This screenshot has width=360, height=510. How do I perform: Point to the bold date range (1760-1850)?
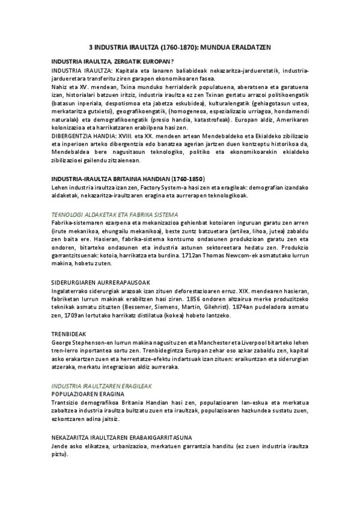pyautogui.click(x=188, y=179)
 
